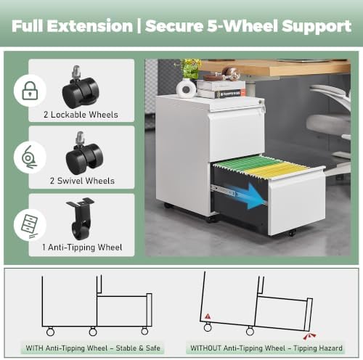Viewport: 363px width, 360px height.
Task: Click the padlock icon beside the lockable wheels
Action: tap(30, 91)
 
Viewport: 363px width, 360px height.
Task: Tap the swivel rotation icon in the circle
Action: tap(28, 157)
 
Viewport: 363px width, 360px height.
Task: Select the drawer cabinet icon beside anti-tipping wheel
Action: tap(29, 225)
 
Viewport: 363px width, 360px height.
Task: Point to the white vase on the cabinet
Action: tap(186, 89)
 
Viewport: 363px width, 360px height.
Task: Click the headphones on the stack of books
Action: tap(230, 73)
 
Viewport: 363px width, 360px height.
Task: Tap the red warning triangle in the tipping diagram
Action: tap(208, 316)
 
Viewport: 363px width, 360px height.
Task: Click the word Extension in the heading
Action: tap(90, 26)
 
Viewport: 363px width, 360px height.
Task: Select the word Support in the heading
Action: tap(317, 26)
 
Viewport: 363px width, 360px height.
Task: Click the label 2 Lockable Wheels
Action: tap(81, 115)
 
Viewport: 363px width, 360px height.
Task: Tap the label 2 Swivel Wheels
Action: tap(82, 181)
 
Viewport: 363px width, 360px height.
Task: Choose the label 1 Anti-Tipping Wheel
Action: tap(82, 247)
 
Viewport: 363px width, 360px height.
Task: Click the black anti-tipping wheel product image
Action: tap(80, 218)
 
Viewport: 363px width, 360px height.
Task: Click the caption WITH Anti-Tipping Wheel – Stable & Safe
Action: tap(93, 348)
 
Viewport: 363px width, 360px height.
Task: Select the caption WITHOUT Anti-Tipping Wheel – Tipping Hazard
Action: tap(266, 348)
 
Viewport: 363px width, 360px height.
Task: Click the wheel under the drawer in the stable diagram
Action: tap(144, 331)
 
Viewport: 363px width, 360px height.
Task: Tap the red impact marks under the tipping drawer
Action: tap(310, 336)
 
